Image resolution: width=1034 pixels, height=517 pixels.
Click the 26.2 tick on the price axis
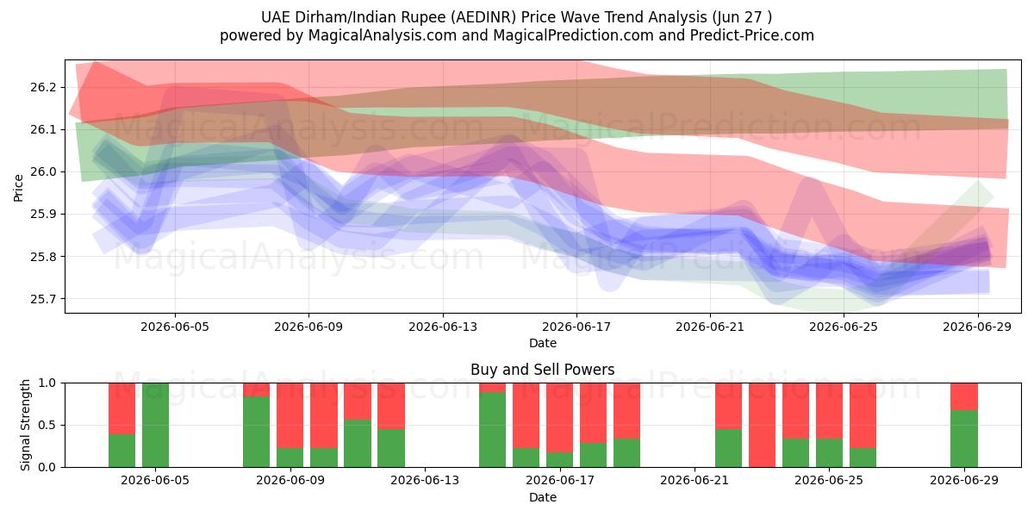(43, 87)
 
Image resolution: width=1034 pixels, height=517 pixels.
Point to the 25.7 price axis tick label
(43, 299)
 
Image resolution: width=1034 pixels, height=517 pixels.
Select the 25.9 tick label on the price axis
(43, 215)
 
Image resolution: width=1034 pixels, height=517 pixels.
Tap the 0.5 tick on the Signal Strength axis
(47, 425)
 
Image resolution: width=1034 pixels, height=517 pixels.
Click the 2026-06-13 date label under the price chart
(443, 327)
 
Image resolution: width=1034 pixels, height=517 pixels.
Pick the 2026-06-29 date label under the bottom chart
(964, 481)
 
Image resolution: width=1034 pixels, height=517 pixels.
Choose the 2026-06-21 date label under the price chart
(710, 327)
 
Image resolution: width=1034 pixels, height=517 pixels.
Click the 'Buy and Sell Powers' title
(542, 370)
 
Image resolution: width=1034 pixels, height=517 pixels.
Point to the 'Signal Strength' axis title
(25, 425)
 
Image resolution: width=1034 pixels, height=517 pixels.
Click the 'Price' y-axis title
(18, 188)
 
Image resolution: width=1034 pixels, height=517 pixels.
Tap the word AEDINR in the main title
(483, 17)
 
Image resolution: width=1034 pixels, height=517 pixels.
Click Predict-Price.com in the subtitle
(752, 35)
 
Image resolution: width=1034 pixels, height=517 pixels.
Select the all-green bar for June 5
(156, 425)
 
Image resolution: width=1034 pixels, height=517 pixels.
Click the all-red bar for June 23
(762, 425)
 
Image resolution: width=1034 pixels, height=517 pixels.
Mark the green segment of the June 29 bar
(964, 439)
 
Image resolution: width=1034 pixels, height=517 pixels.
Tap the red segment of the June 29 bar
(964, 396)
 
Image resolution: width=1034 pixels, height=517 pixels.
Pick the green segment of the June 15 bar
(493, 430)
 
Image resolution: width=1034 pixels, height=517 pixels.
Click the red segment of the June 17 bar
(560, 418)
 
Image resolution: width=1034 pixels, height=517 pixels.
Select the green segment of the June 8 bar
(257, 432)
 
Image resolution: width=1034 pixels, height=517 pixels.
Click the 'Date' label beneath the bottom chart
(542, 498)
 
